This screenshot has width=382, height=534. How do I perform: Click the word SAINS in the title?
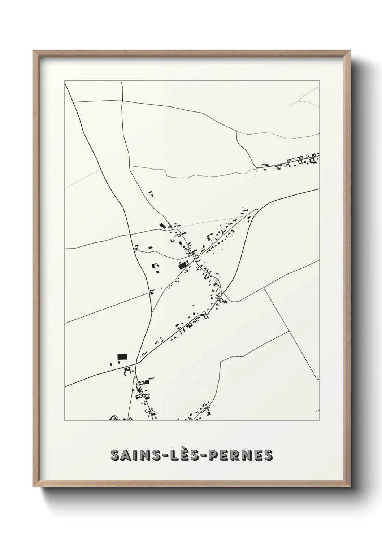(x=132, y=455)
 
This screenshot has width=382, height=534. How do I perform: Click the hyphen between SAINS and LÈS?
(x=159, y=456)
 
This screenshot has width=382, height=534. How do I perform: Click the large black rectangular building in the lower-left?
(x=122, y=357)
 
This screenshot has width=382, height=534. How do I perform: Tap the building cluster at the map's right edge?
(x=305, y=160)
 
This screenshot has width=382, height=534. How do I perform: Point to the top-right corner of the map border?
(x=319, y=80)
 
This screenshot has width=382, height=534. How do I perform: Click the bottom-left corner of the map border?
(x=65, y=420)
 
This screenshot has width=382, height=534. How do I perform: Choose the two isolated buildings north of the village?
(x=151, y=193)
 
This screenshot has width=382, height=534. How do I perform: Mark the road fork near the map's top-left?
(x=74, y=102)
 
